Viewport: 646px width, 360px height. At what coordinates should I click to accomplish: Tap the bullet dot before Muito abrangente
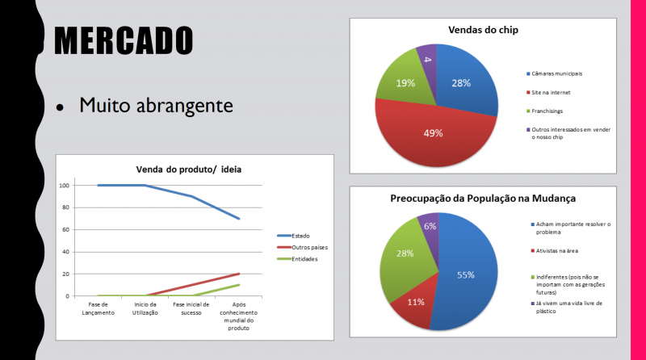[x=59, y=107]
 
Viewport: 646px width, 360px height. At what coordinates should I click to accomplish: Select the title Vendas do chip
[x=483, y=30]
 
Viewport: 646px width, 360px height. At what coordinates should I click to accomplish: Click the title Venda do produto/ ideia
[x=188, y=169]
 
